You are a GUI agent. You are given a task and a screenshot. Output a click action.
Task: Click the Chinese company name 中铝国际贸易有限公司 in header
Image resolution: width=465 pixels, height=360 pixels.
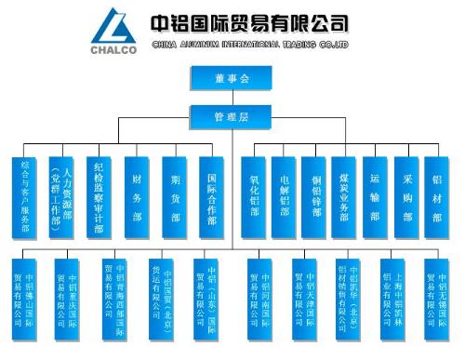(249, 21)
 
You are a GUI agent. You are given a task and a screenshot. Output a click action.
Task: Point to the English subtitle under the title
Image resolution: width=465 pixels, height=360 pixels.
(249, 44)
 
